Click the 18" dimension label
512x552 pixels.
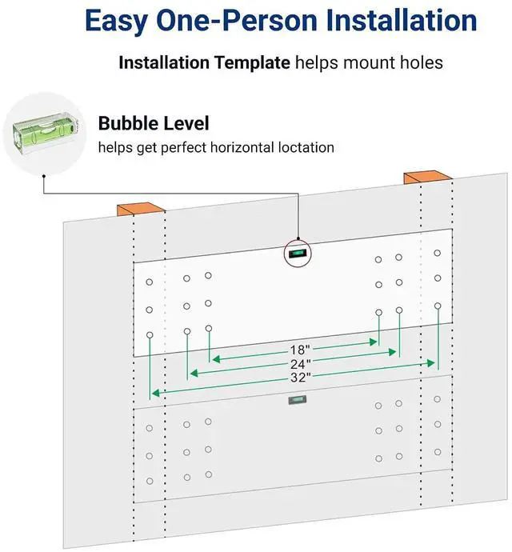300,350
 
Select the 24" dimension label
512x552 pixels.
300,364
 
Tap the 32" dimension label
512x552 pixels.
300,378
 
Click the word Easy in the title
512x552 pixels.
116,21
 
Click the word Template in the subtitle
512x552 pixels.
253,63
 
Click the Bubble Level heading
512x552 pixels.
154,123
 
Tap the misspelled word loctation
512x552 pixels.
306,147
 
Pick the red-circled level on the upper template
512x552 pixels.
298,254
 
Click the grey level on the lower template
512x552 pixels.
298,400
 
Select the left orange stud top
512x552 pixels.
141,209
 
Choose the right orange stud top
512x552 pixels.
427,178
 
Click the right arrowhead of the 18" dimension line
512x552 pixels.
373,342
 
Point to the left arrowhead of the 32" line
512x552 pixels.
156,393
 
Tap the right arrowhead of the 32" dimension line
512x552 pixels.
430,363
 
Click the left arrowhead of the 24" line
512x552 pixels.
194,373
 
